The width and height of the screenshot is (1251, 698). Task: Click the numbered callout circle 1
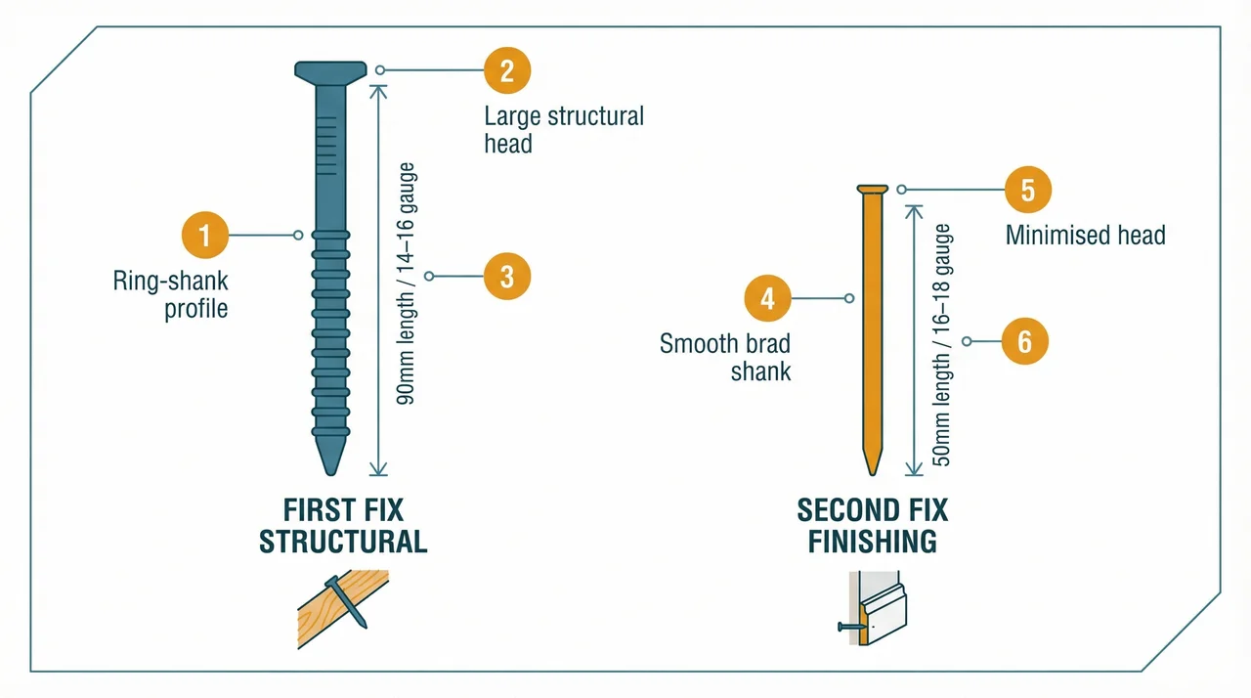[x=204, y=235]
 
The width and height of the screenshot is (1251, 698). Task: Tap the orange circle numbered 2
[x=507, y=70]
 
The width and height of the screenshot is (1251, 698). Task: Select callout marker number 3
[x=507, y=277]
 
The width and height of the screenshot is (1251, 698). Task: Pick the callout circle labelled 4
[x=767, y=298]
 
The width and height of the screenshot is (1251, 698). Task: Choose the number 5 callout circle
[x=1028, y=190]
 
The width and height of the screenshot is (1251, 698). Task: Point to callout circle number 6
[x=1024, y=341]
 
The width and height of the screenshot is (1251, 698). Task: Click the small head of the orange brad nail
[x=872, y=189]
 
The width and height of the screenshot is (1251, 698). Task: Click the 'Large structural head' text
[x=563, y=130]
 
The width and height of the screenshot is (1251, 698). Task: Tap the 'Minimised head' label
[x=1085, y=236]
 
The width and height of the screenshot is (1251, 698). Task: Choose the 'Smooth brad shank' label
[x=725, y=357]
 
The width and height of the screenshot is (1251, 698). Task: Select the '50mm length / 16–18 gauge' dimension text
[x=941, y=345]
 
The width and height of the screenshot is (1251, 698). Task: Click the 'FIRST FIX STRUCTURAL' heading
[x=342, y=526]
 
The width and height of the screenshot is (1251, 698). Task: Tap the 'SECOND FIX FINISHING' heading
[x=872, y=526]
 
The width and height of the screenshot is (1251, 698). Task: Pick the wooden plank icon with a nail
[x=343, y=610]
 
